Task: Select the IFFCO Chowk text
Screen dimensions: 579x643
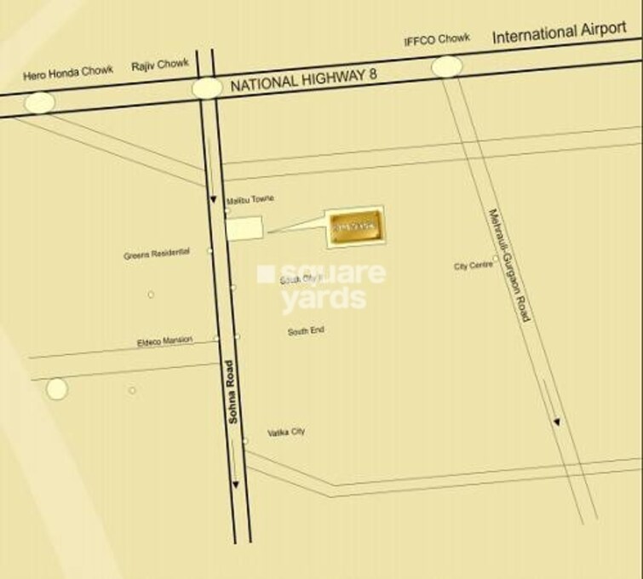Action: [437, 40]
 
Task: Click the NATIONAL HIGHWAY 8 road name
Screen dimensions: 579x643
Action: [303, 80]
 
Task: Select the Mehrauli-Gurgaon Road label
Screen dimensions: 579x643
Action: [509, 265]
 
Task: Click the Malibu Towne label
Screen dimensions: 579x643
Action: [250, 198]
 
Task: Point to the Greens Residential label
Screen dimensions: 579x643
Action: [157, 254]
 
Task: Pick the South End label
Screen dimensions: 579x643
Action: [306, 330]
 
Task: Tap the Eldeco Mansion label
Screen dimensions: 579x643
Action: [165, 341]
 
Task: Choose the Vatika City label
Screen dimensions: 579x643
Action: [286, 433]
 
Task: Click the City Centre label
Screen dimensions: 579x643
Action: [473, 266]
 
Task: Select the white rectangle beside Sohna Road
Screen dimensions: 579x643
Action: [244, 228]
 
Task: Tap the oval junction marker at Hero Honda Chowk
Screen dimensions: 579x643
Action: [39, 102]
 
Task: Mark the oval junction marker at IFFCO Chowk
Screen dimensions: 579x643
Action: [447, 66]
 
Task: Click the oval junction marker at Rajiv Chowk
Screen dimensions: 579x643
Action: [207, 88]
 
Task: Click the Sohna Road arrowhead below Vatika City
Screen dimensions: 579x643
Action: [236, 485]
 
